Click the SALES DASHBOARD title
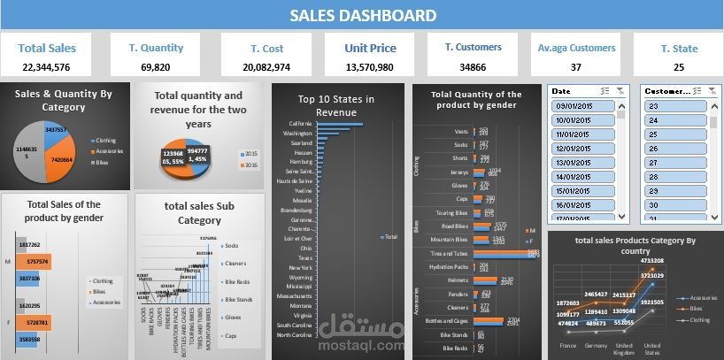click(363, 15)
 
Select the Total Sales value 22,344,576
click(46, 67)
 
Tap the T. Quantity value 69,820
click(156, 67)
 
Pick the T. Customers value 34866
click(473, 67)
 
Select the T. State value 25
click(678, 67)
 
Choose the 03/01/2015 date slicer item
click(578, 106)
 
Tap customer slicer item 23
click(673, 106)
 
